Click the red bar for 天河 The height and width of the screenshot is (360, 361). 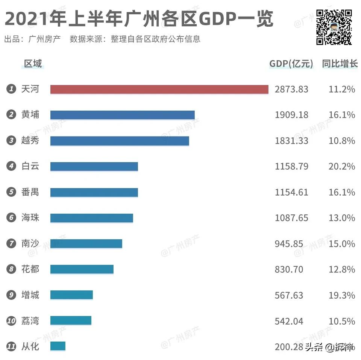click(159, 89)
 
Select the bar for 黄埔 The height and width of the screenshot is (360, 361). click(122, 115)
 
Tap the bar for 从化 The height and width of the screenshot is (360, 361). click(58, 346)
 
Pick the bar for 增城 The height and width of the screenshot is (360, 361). click(71, 295)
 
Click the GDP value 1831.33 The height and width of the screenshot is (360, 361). click(291, 141)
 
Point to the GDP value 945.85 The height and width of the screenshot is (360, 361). click(289, 244)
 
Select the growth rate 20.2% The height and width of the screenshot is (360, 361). click(341, 166)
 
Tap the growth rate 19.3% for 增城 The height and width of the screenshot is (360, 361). click(341, 295)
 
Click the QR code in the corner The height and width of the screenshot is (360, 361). click(334, 27)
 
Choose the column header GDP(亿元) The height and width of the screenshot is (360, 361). click(291, 64)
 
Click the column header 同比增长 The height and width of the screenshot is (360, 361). click(340, 64)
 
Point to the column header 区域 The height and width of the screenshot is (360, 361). click(33, 64)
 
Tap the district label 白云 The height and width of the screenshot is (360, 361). click(30, 166)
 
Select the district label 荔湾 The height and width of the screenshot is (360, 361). click(30, 321)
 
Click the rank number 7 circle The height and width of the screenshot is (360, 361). click(11, 243)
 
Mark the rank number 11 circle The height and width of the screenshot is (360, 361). click(11, 346)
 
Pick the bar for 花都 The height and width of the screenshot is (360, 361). click(82, 269)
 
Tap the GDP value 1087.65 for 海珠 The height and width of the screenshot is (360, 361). click(291, 218)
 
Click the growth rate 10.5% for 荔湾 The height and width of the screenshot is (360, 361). click(341, 321)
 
